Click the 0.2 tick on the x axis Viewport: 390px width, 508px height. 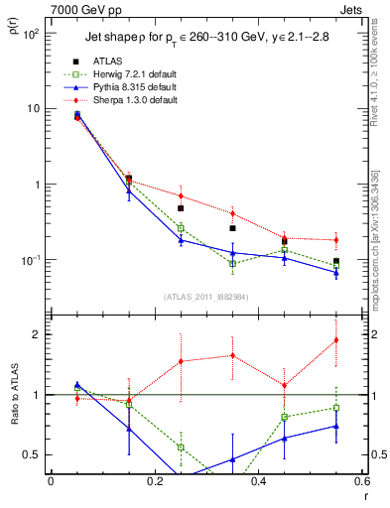click(154, 481)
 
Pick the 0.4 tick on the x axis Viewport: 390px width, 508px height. click(258, 481)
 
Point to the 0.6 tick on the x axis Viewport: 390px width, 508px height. click(361, 481)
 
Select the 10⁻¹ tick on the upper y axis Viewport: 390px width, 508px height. click(33, 260)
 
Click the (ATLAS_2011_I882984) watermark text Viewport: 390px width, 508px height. click(205, 297)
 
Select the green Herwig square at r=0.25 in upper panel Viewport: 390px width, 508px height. click(181, 228)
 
